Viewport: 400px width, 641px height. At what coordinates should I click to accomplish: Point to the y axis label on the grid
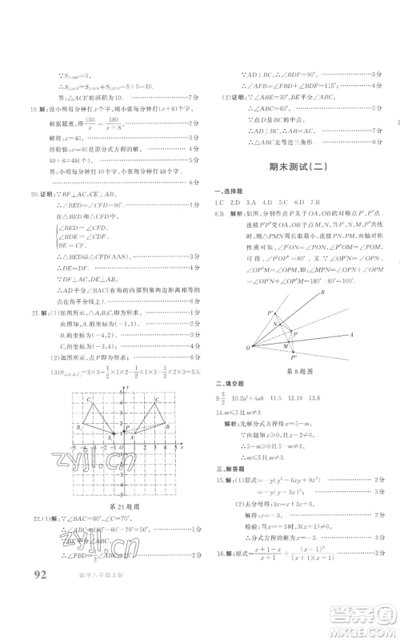pyautogui.click(x=128, y=387)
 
